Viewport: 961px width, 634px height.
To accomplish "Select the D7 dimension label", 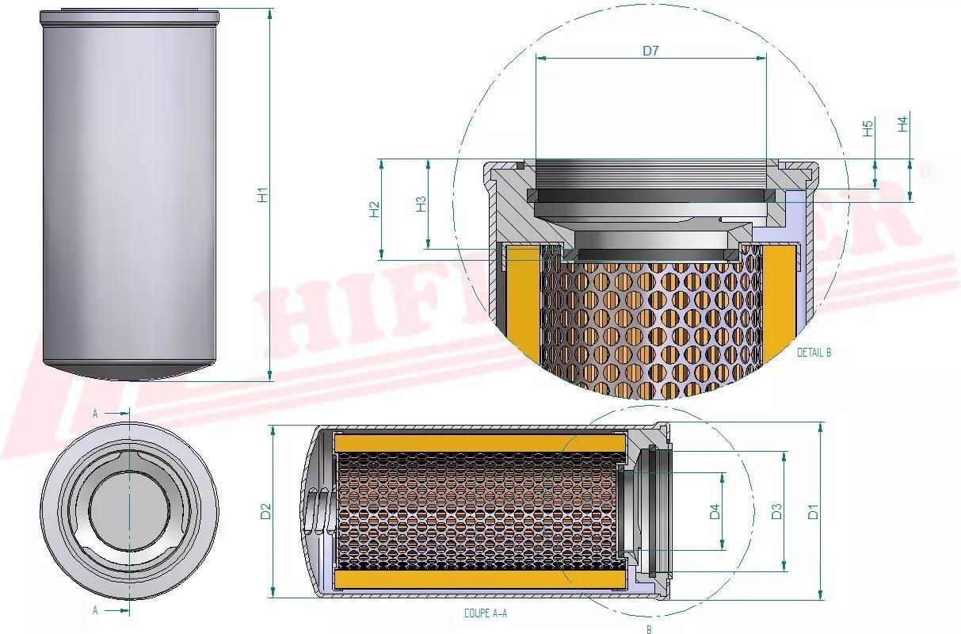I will [x=650, y=52].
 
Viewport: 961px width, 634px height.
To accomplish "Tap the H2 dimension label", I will [x=375, y=209].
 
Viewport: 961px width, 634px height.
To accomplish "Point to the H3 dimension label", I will [x=421, y=204].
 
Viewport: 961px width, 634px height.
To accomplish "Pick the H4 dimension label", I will [x=902, y=124].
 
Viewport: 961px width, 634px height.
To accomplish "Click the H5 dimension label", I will [x=868, y=128].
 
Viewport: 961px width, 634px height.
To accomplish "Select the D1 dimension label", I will [x=813, y=512].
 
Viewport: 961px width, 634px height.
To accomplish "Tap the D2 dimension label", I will [x=266, y=512].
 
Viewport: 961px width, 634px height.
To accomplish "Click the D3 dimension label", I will [x=777, y=512].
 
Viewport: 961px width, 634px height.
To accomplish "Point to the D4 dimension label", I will [x=715, y=512].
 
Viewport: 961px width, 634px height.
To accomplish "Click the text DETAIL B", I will [x=814, y=353].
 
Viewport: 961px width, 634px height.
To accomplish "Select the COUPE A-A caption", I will [x=486, y=613].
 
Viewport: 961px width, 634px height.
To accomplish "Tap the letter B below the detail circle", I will [x=649, y=630].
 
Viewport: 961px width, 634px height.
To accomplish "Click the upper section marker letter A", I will [x=95, y=414].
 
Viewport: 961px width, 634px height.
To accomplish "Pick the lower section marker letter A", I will [x=95, y=610].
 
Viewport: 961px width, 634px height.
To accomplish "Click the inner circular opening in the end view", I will [x=129, y=512].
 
